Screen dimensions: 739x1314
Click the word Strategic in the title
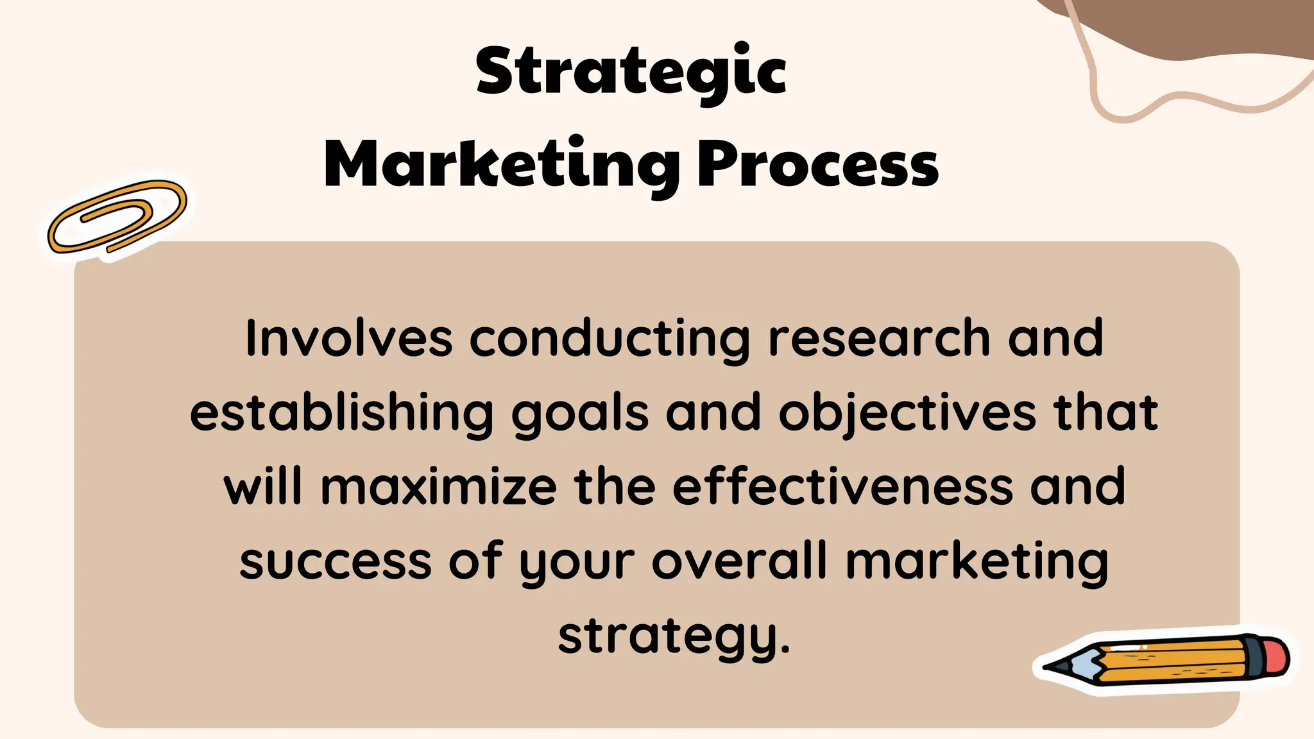click(631, 72)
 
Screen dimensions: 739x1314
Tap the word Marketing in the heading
click(502, 165)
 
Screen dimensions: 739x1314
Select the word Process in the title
click(818, 165)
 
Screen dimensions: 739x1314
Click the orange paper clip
click(117, 217)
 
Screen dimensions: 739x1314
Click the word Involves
click(348, 338)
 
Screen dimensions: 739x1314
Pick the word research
click(879, 338)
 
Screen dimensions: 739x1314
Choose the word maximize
click(438, 486)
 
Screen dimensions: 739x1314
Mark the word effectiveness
click(842, 486)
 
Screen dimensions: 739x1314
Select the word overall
click(740, 560)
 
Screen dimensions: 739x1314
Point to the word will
click(263, 486)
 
